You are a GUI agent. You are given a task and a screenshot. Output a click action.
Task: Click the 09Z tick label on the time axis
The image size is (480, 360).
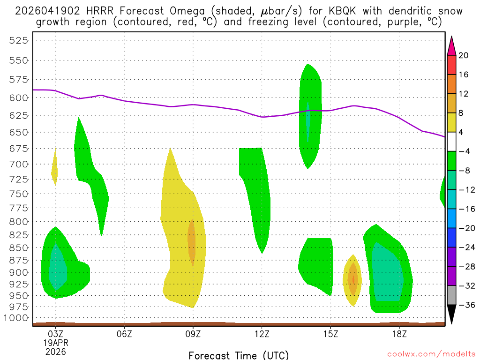(193, 334)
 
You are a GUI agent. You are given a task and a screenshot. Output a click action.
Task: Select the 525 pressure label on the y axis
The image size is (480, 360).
(19, 40)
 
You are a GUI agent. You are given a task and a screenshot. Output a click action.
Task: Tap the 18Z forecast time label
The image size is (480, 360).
(399, 334)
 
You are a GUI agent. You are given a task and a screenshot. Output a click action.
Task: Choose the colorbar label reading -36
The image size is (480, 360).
(464, 305)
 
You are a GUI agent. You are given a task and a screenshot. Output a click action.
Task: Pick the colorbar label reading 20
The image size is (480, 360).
(464, 55)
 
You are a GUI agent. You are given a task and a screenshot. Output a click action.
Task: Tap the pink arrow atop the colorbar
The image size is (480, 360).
(451, 45)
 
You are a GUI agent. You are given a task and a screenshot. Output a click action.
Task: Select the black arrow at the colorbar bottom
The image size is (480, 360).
(451, 314)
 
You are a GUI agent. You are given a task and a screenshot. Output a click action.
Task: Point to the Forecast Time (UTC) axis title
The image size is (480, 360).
(239, 355)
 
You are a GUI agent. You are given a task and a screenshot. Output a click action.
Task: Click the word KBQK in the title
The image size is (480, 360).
(337, 11)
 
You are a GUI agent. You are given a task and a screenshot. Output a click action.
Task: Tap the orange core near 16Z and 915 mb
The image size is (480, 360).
(353, 280)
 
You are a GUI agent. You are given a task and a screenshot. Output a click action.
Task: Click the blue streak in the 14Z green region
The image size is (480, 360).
(308, 121)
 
